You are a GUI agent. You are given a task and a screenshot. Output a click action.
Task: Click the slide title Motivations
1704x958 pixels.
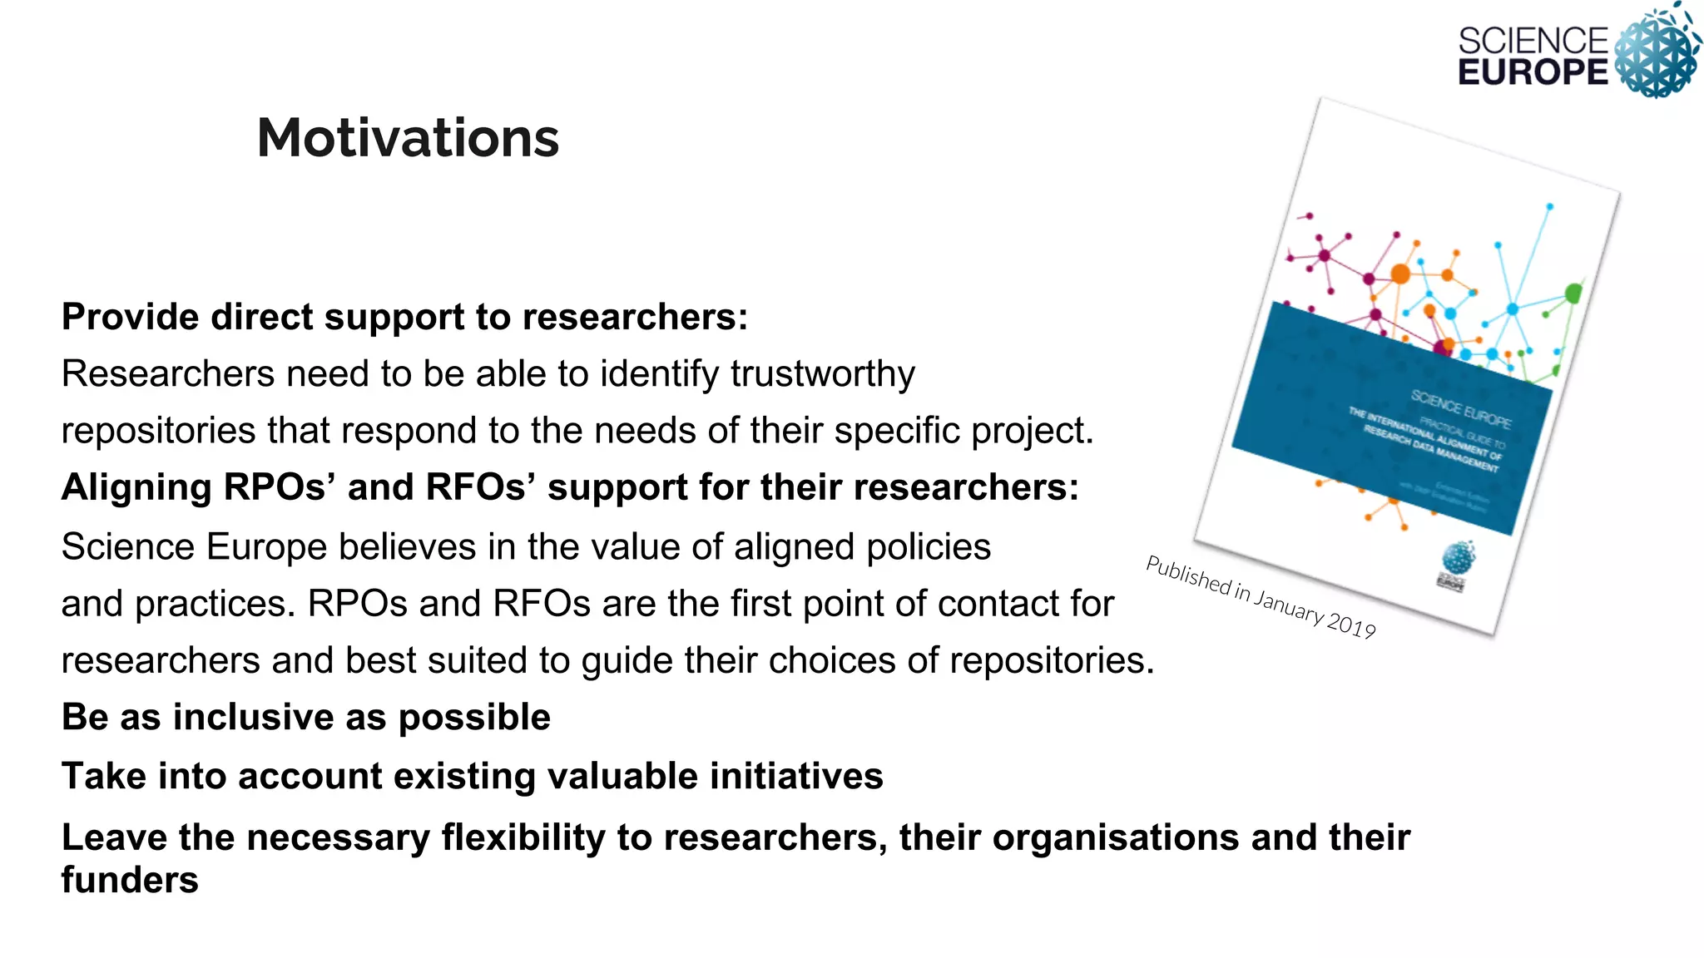(408, 137)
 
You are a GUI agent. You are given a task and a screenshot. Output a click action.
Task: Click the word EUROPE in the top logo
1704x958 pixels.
(1533, 72)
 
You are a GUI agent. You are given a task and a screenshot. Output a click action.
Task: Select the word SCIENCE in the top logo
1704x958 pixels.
(1533, 40)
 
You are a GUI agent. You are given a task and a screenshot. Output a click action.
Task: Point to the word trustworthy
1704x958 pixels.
(822, 374)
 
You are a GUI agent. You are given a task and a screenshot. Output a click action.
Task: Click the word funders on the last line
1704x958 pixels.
(130, 880)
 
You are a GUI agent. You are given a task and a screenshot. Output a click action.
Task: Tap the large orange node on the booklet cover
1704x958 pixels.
(1400, 273)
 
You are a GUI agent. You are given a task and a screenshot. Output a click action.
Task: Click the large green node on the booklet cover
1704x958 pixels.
(1573, 293)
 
